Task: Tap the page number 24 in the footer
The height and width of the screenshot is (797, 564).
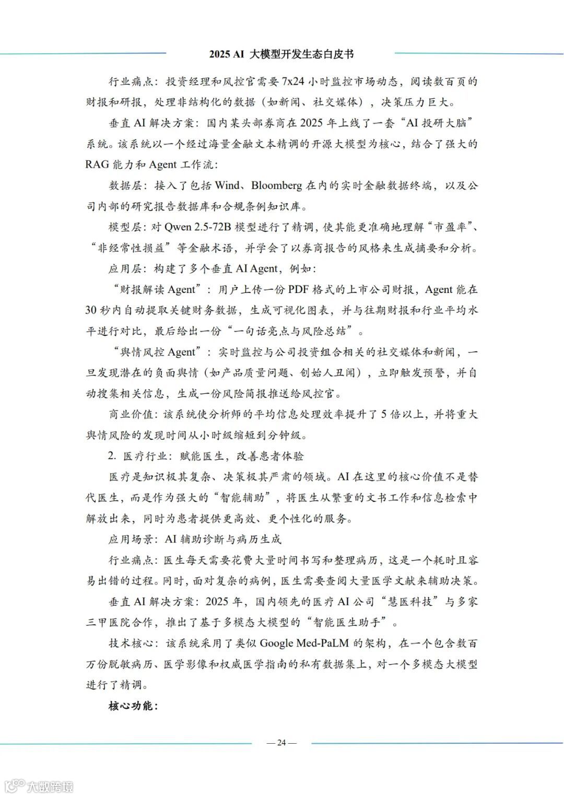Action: click(281, 743)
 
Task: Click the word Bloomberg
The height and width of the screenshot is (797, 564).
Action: click(276, 185)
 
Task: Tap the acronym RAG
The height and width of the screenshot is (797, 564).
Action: click(97, 165)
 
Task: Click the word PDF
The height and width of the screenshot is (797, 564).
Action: click(299, 289)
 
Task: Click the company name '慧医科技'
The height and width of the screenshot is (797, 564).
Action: click(410, 602)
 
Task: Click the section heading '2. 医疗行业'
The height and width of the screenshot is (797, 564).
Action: click(138, 456)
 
